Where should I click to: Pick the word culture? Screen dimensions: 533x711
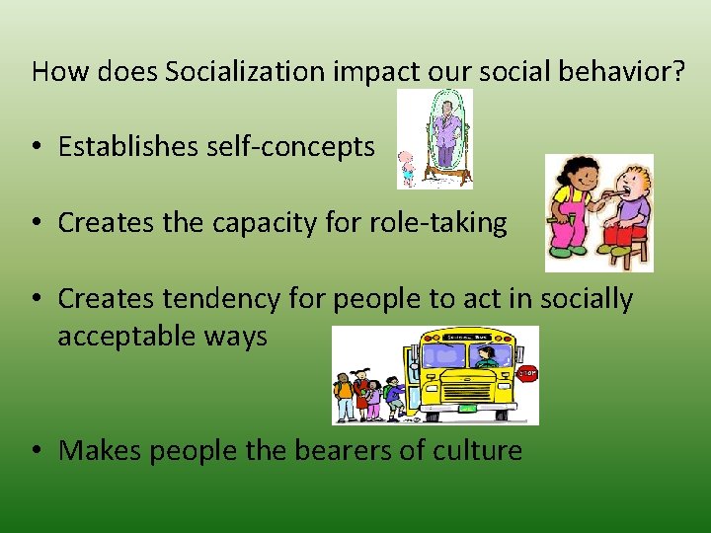(479, 451)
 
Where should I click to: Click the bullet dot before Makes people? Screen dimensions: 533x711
(37, 452)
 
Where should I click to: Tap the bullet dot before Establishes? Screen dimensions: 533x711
(37, 148)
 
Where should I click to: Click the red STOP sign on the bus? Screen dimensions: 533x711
(528, 374)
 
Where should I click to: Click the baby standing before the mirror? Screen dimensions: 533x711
(406, 170)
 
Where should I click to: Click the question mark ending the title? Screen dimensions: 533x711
(676, 71)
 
